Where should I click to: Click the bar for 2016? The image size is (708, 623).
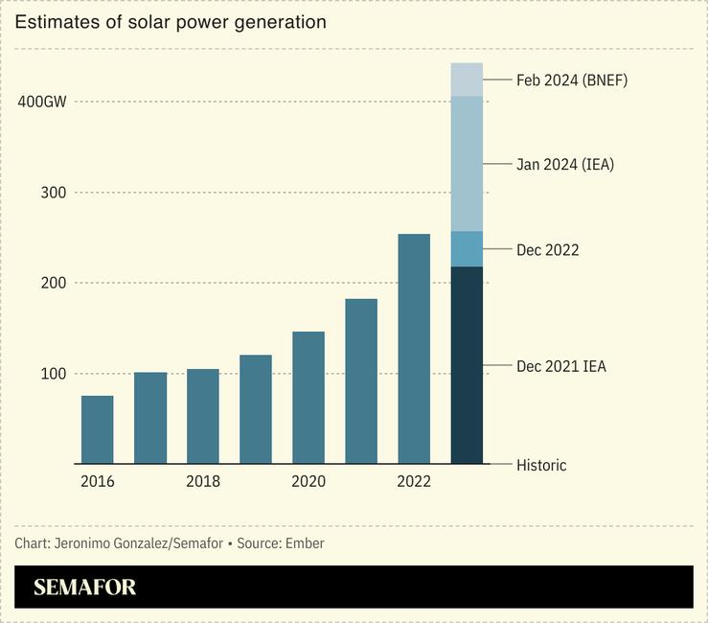(97, 429)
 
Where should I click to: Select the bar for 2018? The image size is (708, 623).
(202, 416)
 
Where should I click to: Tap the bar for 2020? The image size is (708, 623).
(308, 398)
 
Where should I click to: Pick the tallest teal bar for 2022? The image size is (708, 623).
(414, 349)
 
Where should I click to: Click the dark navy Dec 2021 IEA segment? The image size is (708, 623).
(467, 365)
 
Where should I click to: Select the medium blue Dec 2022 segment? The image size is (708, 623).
(467, 249)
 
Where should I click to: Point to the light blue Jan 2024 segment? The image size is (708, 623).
(467, 164)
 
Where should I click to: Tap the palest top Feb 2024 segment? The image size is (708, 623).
(467, 80)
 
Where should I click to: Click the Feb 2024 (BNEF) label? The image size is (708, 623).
(572, 81)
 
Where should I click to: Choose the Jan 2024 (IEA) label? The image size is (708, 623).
(565, 165)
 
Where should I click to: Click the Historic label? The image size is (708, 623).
(541, 466)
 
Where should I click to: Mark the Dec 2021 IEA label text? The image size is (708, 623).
(561, 366)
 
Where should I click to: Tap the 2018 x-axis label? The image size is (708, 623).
(202, 481)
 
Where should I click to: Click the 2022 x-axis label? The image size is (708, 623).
(414, 481)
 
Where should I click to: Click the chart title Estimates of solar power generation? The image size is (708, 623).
(171, 22)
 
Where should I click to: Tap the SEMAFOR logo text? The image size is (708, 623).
(85, 588)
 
